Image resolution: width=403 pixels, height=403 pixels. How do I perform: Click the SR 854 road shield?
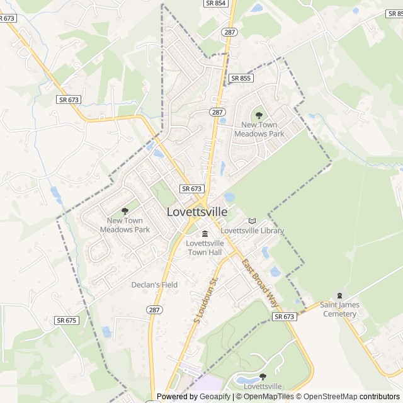(x=215, y=3)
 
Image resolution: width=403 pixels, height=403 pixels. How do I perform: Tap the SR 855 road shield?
(x=241, y=78)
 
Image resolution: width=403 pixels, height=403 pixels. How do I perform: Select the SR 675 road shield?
(x=66, y=321)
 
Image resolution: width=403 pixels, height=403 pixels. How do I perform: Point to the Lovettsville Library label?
(x=252, y=231)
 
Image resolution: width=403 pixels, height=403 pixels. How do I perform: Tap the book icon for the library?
(x=253, y=221)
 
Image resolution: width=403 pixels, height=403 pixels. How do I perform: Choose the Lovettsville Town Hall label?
(x=205, y=247)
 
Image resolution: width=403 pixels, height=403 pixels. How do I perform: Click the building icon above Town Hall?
(x=205, y=234)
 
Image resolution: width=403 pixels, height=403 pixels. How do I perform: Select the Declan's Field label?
(x=154, y=285)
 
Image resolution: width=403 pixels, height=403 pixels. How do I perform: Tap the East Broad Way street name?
(x=260, y=283)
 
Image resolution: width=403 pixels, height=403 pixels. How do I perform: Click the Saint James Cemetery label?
(x=339, y=309)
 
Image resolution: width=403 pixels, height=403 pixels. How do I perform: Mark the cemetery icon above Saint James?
(x=339, y=295)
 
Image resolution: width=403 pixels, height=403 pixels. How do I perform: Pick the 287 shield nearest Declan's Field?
(x=154, y=310)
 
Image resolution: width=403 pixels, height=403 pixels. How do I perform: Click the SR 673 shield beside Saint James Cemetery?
(x=285, y=317)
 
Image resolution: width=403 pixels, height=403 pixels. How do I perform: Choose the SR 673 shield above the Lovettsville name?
(x=191, y=189)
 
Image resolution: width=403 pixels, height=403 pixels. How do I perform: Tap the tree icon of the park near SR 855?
(x=259, y=115)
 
